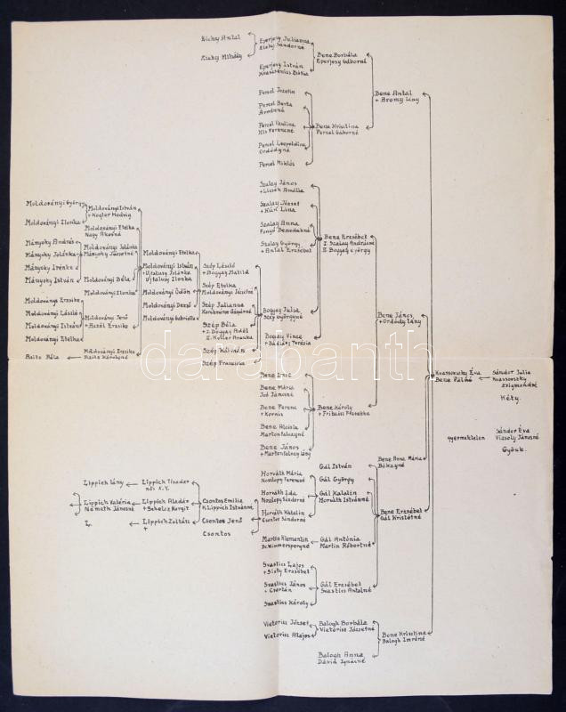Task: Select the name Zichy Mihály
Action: [x=216, y=56]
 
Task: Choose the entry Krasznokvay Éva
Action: [x=455, y=372]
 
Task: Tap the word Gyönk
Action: [x=513, y=449]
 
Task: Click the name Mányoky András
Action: [x=44, y=241]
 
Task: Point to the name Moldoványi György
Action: [x=53, y=205]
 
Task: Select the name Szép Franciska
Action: [x=222, y=363]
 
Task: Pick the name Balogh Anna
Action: [x=336, y=656]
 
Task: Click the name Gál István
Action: [x=333, y=464]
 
